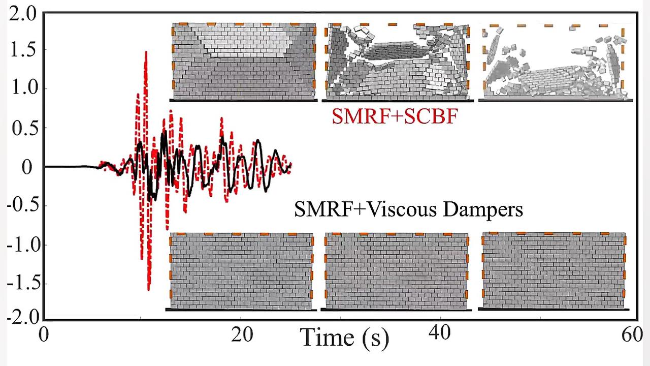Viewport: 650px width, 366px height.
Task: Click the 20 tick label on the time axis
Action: pyautogui.click(x=242, y=334)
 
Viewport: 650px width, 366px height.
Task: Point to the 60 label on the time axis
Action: pyautogui.click(x=632, y=334)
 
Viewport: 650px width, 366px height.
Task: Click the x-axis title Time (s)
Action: pyautogui.click(x=344, y=337)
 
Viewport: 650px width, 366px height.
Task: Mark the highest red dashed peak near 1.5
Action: pyautogui.click(x=146, y=52)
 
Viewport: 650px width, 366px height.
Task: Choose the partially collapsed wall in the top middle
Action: pyautogui.click(x=397, y=61)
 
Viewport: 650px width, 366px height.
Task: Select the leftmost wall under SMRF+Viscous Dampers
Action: pyautogui.click(x=241, y=271)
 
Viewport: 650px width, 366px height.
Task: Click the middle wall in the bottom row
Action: pyautogui.click(x=396, y=271)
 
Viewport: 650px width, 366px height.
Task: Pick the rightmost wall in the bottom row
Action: pyautogui.click(x=554, y=271)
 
